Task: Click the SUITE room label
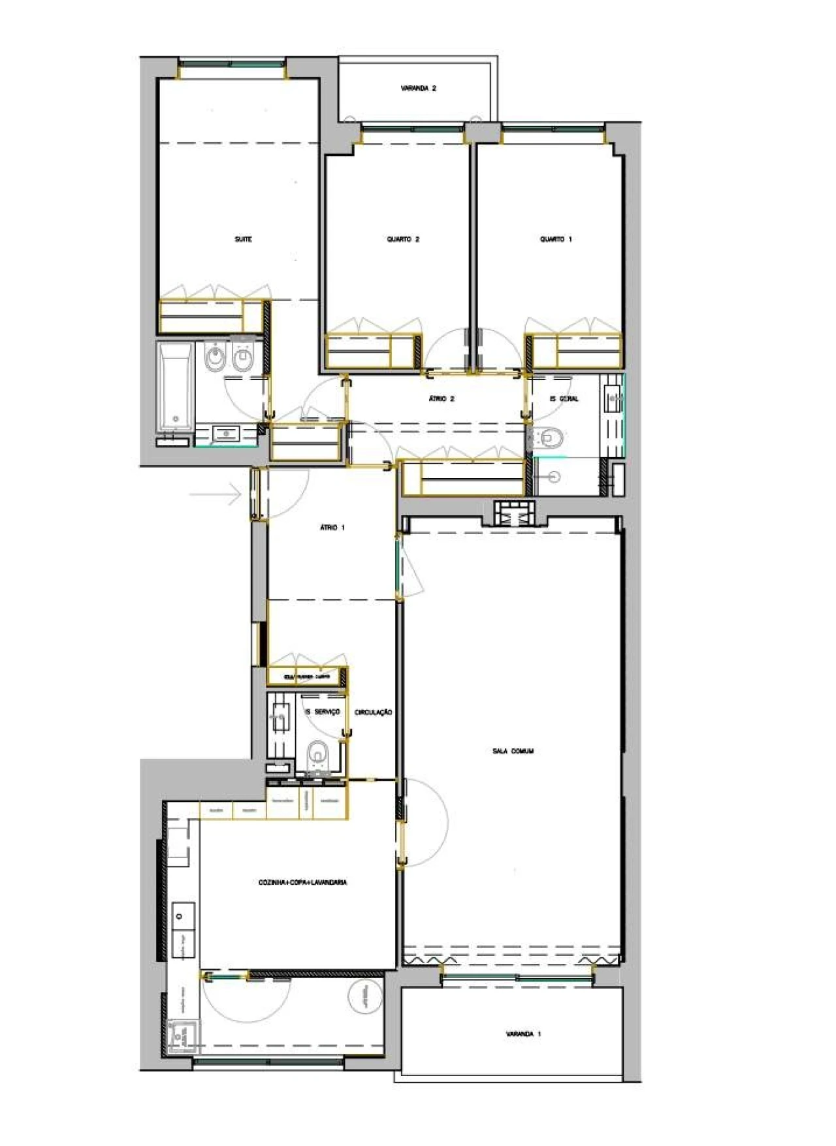tap(243, 240)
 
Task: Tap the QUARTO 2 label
tap(403, 240)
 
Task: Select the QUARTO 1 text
tap(556, 240)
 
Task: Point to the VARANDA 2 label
tap(419, 88)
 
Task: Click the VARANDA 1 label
tap(523, 1034)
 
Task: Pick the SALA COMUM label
tap(513, 752)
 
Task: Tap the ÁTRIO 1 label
tap(332, 528)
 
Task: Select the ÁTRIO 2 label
tap(442, 398)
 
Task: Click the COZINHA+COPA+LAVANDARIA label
tap(302, 883)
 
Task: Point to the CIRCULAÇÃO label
tap(374, 712)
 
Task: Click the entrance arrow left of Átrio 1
tap(216, 494)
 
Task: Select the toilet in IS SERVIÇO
tap(317, 757)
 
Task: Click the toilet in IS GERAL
tap(551, 438)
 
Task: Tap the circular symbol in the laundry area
tap(361, 998)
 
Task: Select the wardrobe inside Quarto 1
tap(575, 351)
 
